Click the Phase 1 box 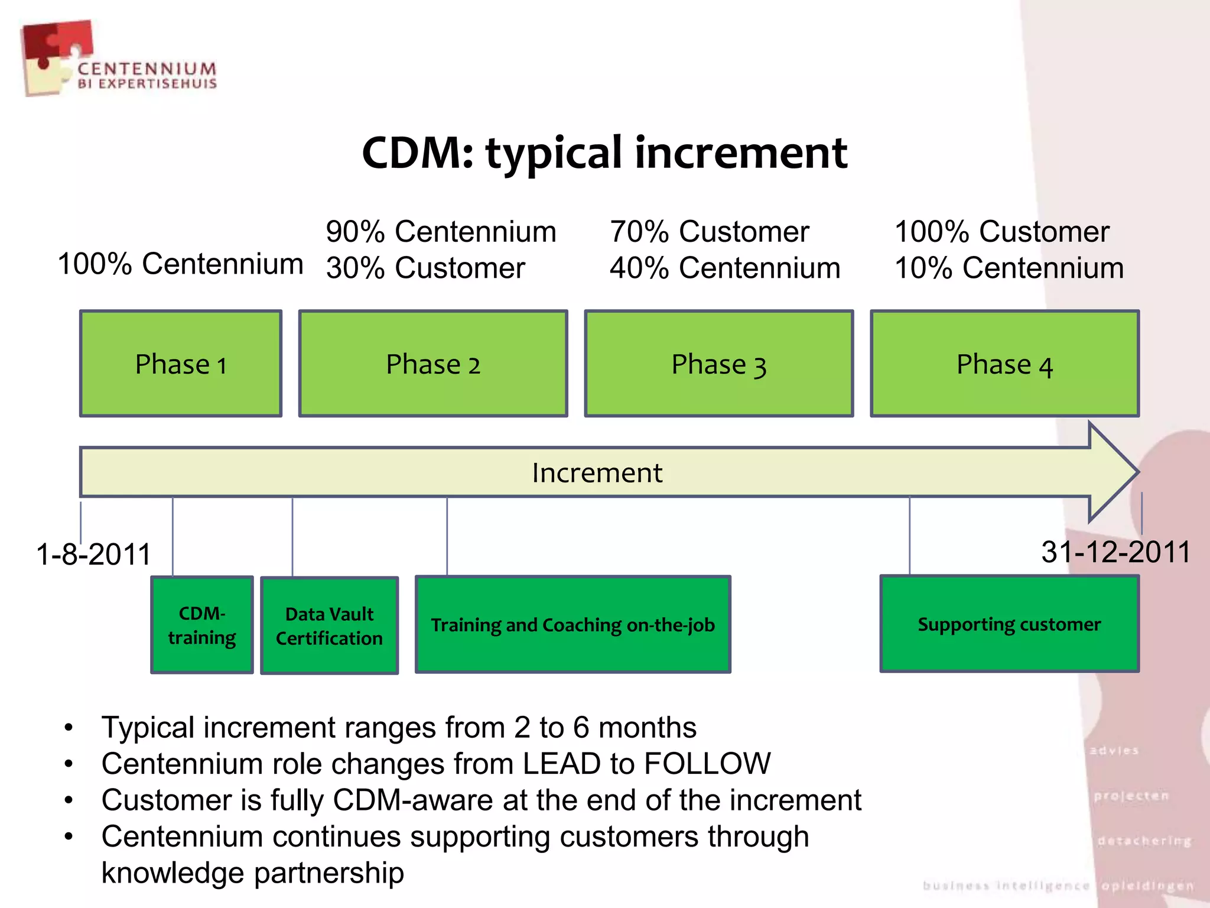pyautogui.click(x=180, y=364)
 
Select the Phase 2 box pyautogui.click(x=433, y=364)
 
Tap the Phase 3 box pyautogui.click(x=719, y=364)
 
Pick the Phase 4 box pyautogui.click(x=1004, y=364)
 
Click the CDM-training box pyautogui.click(x=202, y=625)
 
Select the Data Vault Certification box pyautogui.click(x=329, y=625)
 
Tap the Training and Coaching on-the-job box pyautogui.click(x=573, y=624)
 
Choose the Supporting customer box pyautogui.click(x=1009, y=624)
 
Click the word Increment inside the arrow pyautogui.click(x=597, y=472)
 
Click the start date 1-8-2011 pyautogui.click(x=93, y=554)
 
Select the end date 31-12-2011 pyautogui.click(x=1115, y=552)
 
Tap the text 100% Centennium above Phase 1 pyautogui.click(x=180, y=263)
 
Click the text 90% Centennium pyautogui.click(x=441, y=231)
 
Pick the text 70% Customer pyautogui.click(x=709, y=231)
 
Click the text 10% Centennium pyautogui.click(x=1009, y=268)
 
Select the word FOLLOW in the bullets pyautogui.click(x=707, y=763)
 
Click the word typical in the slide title pyautogui.click(x=554, y=153)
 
